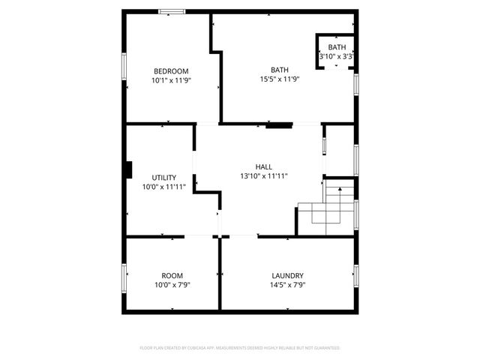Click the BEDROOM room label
pos(172,71)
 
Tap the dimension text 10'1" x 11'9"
pos(172,80)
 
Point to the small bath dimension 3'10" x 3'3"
pos(337,56)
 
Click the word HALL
pos(263,166)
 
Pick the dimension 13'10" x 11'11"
pos(263,175)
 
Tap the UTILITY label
pos(163,178)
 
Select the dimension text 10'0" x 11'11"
pos(163,187)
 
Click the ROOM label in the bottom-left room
pos(172,275)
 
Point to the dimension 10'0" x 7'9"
pos(172,284)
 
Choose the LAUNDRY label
pos(287,275)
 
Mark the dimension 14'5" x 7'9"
pos(287,284)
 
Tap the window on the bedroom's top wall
pos(172,11)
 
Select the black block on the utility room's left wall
pos(129,170)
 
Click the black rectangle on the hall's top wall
pos(279,125)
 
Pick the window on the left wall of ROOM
pos(124,277)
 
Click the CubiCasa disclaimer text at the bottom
pos(240,348)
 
